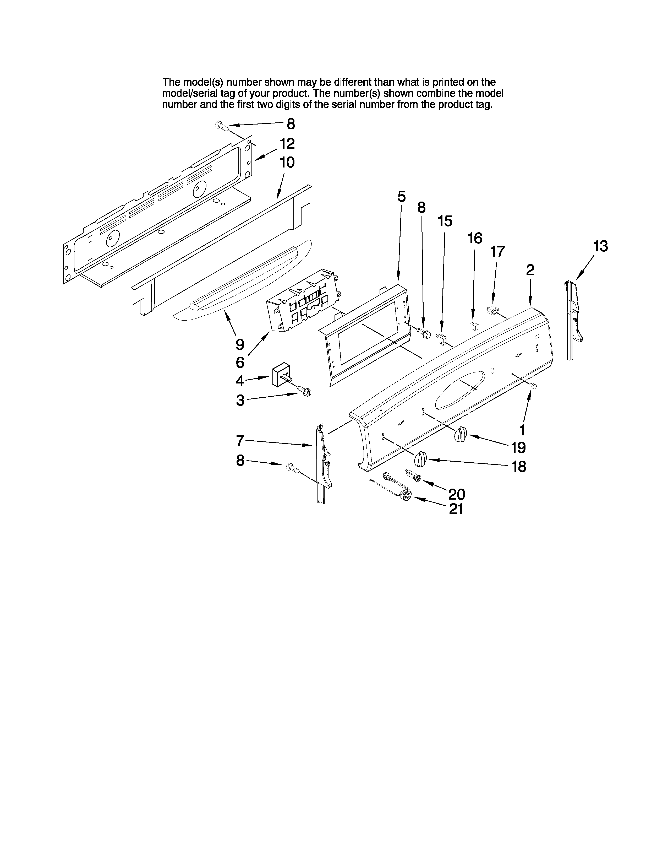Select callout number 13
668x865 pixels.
click(x=600, y=246)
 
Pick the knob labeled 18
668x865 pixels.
click(x=420, y=459)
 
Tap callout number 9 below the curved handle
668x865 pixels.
click(x=240, y=345)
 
